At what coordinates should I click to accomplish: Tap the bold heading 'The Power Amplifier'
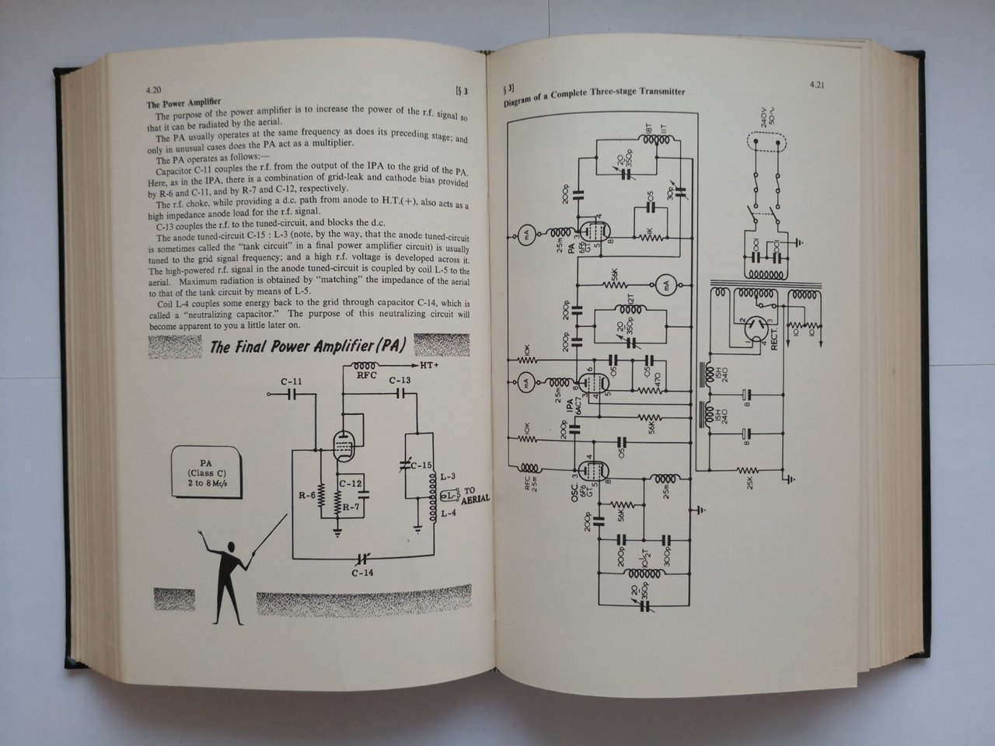point(184,103)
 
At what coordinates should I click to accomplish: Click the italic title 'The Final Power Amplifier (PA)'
point(308,346)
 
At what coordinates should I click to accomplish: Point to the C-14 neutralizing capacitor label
point(361,573)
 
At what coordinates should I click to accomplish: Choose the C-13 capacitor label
point(400,380)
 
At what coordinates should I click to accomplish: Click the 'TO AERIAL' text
point(475,495)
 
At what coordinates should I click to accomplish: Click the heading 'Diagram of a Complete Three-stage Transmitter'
point(593,96)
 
